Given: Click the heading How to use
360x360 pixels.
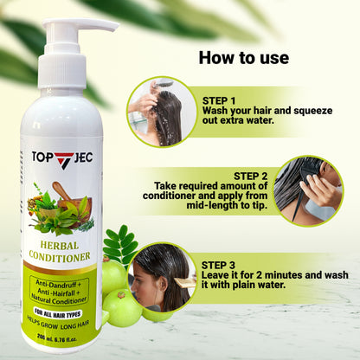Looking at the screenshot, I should click(x=243, y=59).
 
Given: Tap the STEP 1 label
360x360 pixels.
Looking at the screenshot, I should click(x=222, y=100).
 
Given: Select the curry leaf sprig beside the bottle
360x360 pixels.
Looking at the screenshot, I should click(x=119, y=243).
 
